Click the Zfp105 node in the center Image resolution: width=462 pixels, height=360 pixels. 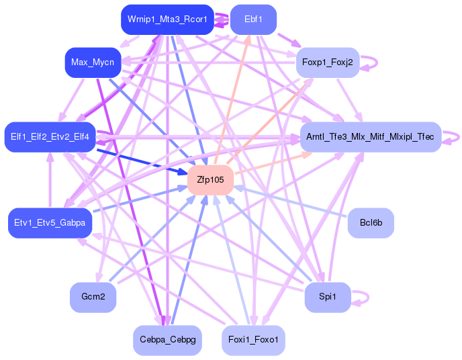click(x=210, y=181)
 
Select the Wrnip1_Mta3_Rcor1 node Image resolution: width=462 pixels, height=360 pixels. click(x=167, y=19)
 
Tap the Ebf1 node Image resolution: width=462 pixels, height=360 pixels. click(x=253, y=19)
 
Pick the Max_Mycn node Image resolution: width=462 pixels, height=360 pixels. click(x=92, y=62)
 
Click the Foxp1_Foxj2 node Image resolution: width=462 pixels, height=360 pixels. click(x=328, y=62)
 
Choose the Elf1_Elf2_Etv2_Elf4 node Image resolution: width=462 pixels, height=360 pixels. click(x=50, y=137)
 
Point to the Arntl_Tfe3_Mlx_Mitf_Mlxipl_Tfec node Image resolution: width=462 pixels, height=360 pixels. click(x=370, y=137)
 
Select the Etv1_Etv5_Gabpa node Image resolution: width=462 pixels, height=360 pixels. click(x=50, y=223)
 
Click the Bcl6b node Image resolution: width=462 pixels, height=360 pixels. click(x=371, y=223)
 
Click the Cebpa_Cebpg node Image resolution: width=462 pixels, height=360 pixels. click(x=167, y=341)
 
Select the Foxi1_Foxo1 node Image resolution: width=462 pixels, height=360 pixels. click(x=253, y=341)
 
